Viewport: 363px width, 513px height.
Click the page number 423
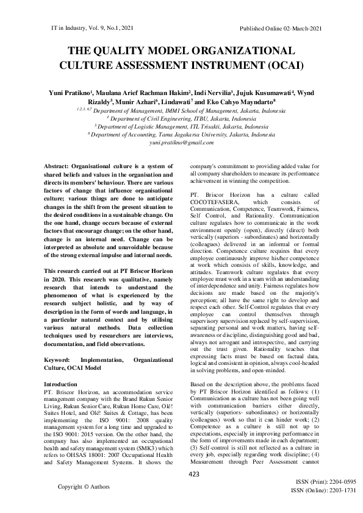click(194, 473)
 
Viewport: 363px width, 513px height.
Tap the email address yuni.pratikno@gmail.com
click(181, 142)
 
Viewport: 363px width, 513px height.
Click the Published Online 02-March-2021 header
click(281, 29)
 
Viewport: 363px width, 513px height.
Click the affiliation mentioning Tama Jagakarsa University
click(181, 133)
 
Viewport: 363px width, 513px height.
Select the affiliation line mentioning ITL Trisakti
click(181, 126)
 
